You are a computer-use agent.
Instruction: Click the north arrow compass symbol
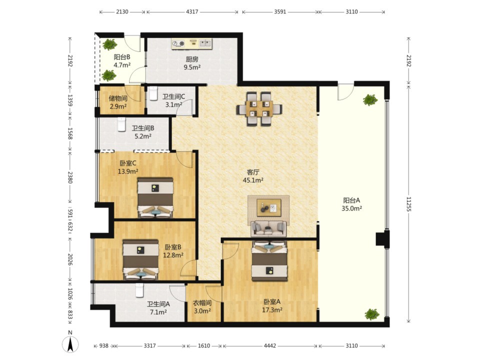coord(70,344)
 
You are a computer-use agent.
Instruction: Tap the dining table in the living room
coord(259,109)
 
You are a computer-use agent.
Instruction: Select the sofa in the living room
coord(268,228)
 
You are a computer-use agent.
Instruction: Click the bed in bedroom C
coord(155,197)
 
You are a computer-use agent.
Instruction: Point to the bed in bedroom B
coord(141,259)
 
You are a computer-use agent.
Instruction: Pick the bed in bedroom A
coord(269,261)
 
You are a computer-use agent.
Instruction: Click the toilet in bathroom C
coord(153,93)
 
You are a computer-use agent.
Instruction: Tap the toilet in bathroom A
coord(139,290)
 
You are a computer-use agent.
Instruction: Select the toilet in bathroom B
coord(122,124)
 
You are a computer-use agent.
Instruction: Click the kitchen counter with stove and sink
coord(191,43)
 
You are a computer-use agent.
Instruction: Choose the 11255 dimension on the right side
coord(408,204)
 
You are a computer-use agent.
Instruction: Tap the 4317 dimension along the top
coord(192,11)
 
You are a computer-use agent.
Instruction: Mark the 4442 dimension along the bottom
coord(269,345)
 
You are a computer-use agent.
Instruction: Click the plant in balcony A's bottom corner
coord(371,314)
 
